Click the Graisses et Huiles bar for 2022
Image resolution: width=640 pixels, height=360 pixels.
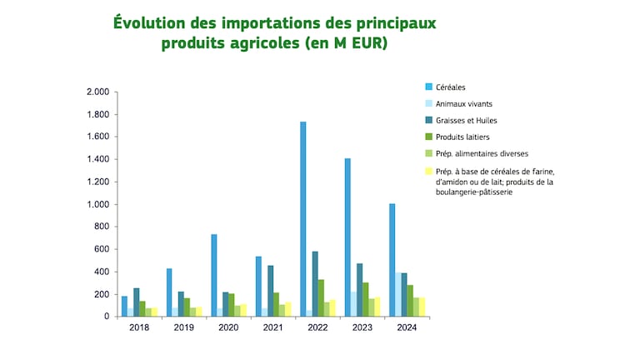click(314, 284)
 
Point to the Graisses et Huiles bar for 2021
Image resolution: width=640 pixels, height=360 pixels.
click(270, 291)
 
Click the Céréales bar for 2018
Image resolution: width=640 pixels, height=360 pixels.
click(125, 306)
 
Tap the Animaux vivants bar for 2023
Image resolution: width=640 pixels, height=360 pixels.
click(353, 304)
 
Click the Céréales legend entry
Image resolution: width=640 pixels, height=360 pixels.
click(452, 87)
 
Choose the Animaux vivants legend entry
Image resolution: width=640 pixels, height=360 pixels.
click(463, 104)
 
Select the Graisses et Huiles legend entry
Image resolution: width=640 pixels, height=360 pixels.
click(466, 121)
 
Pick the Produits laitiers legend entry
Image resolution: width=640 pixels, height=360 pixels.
click(461, 137)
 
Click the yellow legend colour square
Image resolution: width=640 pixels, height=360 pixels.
click(428, 172)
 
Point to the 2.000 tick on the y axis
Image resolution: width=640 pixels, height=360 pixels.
click(97, 92)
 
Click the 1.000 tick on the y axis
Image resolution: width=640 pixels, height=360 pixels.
click(97, 204)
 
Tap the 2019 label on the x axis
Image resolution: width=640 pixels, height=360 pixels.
click(184, 327)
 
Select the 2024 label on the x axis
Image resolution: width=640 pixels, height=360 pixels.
click(407, 327)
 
